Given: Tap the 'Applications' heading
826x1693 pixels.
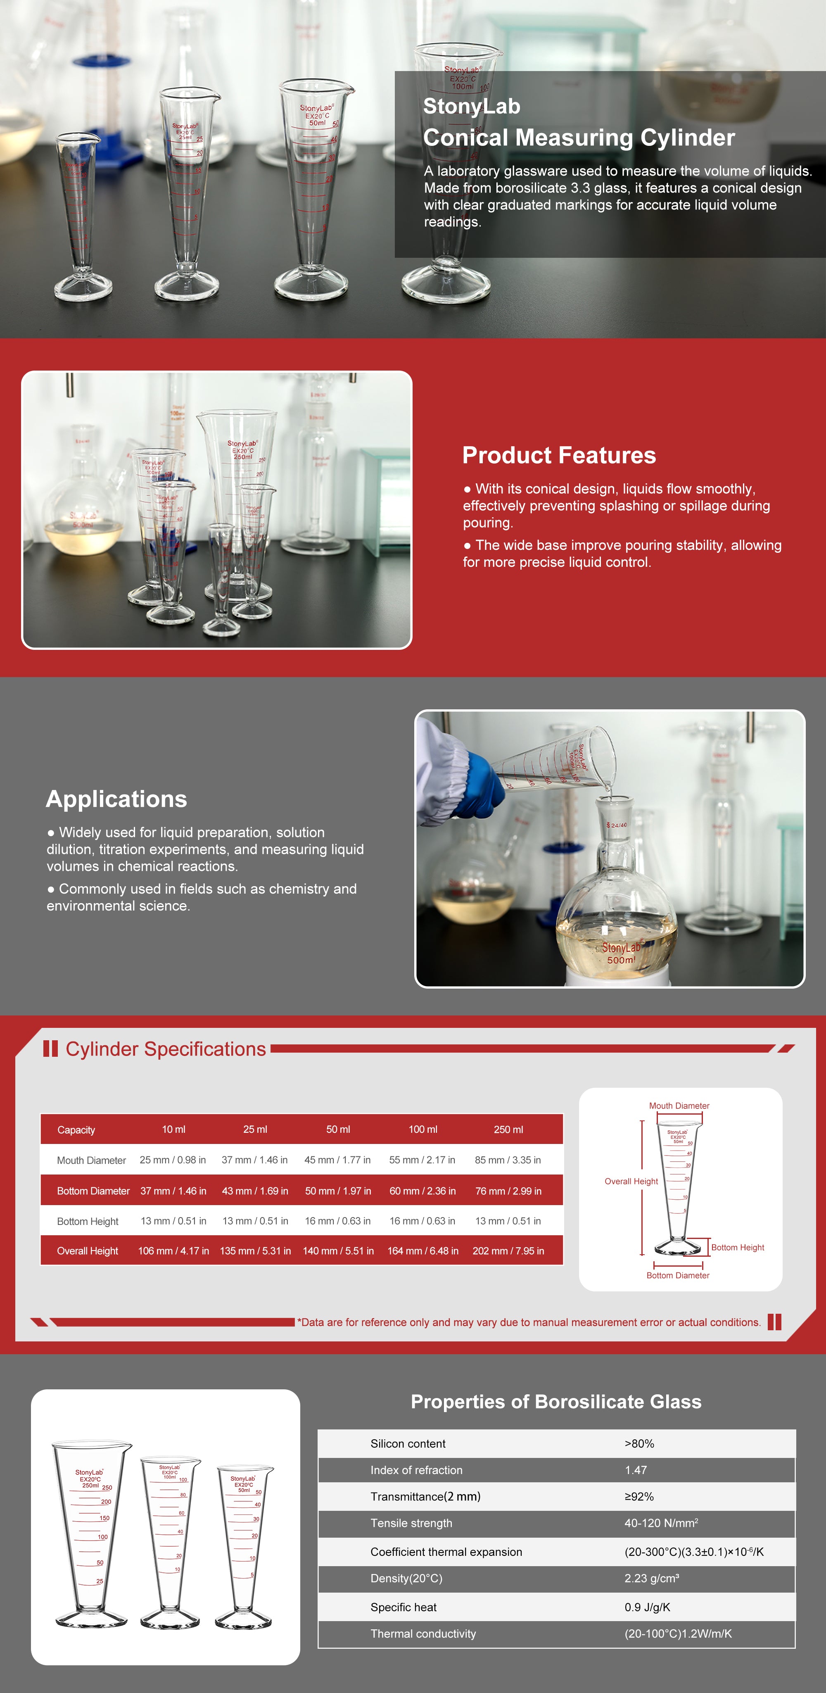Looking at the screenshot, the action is (x=116, y=799).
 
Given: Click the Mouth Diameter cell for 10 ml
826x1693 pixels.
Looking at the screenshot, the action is (x=173, y=1160).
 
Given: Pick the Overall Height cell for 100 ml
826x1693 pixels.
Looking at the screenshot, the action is (x=422, y=1251).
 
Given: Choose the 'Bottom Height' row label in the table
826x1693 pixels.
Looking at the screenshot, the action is (x=88, y=1221).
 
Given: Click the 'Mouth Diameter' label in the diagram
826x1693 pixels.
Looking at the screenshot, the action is (x=679, y=1106).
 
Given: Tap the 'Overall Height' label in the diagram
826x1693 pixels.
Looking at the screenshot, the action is (x=631, y=1181).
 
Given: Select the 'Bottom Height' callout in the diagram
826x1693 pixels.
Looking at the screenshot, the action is (x=737, y=1247).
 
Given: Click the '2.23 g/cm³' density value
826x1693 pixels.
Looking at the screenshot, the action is (x=651, y=1578).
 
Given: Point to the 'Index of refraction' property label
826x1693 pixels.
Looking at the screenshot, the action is (x=416, y=1469).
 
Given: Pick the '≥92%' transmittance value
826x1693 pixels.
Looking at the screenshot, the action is (x=639, y=1496).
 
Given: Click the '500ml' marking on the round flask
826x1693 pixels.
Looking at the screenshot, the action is (x=621, y=960).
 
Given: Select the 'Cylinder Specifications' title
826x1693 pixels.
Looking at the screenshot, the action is (x=166, y=1049).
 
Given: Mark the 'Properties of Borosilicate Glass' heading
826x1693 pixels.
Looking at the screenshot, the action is (x=556, y=1402).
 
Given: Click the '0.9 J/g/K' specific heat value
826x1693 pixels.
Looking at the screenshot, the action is (x=647, y=1607).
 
